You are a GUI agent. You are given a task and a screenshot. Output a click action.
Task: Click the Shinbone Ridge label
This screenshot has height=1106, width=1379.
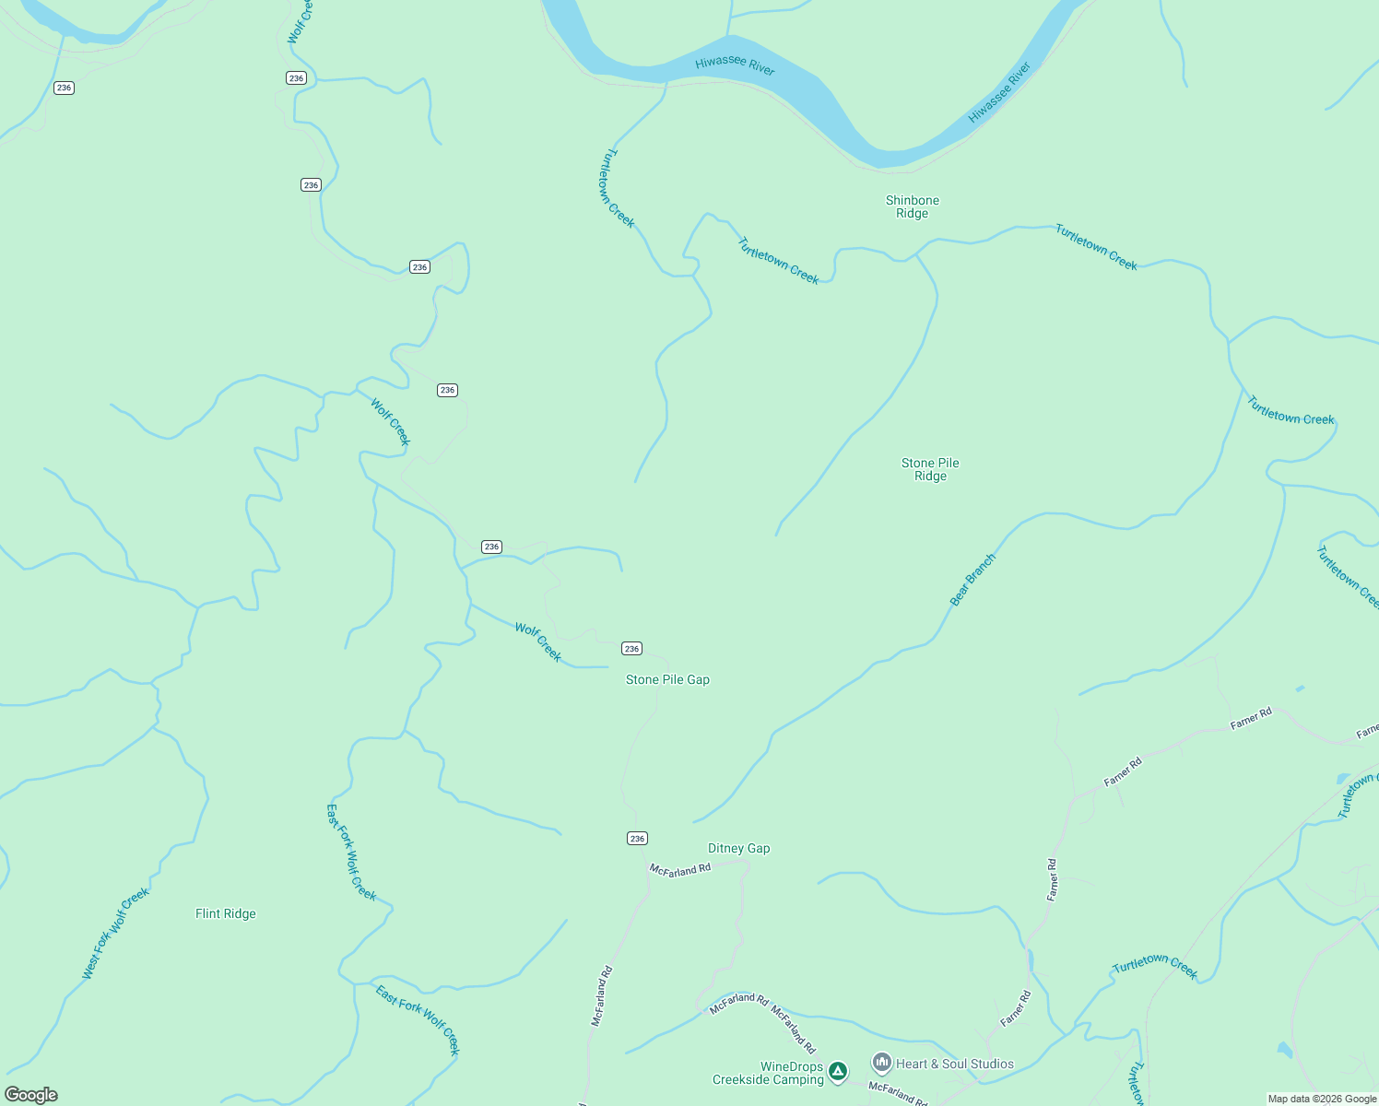[912, 206]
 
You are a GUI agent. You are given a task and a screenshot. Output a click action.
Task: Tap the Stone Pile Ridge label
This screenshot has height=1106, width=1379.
[930, 469]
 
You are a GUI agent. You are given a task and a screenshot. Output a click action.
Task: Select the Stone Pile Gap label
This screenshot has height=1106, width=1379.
[667, 679]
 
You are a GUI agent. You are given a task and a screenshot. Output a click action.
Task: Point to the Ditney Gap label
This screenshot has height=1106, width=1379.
[738, 848]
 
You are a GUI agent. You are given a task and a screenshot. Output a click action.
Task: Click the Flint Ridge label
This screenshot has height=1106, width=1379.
[226, 913]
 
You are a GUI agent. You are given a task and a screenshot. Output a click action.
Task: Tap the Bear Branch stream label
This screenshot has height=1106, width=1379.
[972, 580]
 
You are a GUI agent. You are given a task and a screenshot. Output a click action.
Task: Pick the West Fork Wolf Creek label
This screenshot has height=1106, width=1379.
[115, 933]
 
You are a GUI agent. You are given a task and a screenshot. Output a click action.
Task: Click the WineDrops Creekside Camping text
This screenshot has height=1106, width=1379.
[768, 1073]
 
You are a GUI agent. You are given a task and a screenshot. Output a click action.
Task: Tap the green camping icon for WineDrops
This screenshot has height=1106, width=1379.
[837, 1071]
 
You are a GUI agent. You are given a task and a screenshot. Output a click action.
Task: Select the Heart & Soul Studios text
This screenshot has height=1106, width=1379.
[954, 1064]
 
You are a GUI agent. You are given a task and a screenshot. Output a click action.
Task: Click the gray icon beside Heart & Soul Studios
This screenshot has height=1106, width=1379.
[882, 1064]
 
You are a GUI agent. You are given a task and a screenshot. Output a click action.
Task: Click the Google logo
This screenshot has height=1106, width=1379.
[31, 1094]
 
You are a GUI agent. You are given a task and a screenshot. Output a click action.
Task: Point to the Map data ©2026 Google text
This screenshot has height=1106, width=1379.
[1322, 1099]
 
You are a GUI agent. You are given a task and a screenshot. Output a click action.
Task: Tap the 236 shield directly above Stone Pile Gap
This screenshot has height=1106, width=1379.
[631, 649]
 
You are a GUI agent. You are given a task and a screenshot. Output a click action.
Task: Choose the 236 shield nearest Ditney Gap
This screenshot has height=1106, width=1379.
[637, 838]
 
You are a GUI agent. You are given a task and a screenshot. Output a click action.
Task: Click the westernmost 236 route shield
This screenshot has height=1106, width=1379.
[64, 88]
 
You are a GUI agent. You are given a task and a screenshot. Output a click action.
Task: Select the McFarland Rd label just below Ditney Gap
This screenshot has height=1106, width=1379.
[680, 869]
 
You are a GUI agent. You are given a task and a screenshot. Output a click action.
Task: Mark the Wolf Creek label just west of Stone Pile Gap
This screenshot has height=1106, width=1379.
[538, 641]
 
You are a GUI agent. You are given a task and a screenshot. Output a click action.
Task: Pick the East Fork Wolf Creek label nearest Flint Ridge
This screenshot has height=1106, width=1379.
[351, 852]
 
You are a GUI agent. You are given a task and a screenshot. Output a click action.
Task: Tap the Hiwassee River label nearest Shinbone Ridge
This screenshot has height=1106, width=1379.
[999, 93]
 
